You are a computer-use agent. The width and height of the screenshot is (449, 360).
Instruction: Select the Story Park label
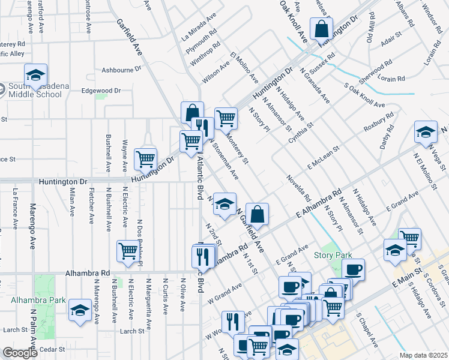(333, 255)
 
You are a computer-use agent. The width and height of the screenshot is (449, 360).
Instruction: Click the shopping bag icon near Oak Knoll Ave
(321, 28)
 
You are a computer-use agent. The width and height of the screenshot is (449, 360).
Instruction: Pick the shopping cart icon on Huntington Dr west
(145, 159)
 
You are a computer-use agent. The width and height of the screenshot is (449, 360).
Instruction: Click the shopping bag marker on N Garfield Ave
(256, 213)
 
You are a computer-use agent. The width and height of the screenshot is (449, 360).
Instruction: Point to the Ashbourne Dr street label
(121, 69)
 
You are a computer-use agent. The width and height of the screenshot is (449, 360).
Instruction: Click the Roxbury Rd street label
(379, 122)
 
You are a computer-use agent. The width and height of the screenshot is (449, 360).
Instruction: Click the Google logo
(20, 353)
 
